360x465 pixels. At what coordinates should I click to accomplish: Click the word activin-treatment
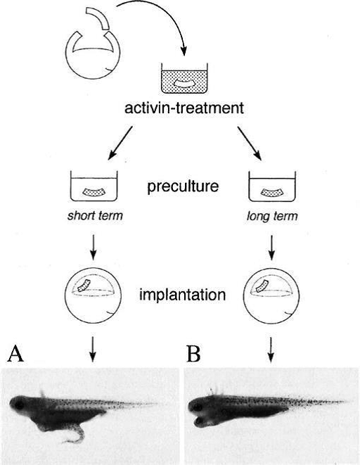coord(184,108)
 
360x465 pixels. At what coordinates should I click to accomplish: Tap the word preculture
coord(183,187)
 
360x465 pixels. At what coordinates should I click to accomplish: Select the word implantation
coord(183,295)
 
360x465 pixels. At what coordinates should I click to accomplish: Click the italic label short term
coord(95,215)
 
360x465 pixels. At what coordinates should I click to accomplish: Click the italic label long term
coord(272,216)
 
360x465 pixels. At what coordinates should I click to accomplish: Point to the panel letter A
coord(15,354)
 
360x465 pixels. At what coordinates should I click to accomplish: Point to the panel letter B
coord(194,354)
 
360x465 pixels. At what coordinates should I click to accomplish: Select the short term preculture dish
coord(94,186)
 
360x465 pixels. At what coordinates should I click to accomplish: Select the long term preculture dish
coord(272,186)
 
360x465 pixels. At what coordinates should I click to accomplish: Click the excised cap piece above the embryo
coord(98,18)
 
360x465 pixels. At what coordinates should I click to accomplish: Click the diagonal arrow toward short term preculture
coord(120,143)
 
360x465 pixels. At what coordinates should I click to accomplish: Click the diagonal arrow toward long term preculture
coord(249,144)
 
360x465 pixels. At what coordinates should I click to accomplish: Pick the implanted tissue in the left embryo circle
coord(84,286)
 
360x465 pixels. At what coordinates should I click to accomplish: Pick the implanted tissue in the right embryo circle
coord(262,286)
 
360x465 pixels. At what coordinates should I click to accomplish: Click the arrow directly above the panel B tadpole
coord(271,350)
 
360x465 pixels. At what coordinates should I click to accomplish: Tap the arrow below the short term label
coord(94,248)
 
